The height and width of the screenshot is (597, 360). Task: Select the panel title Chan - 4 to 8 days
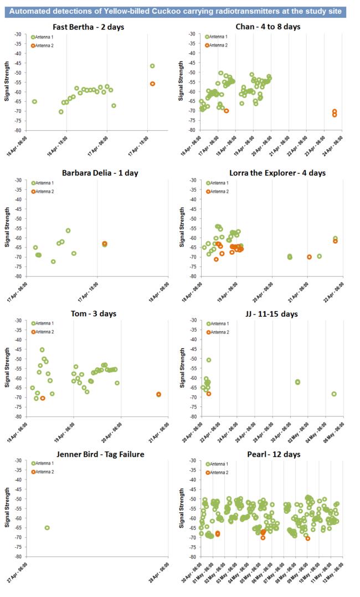[267, 27]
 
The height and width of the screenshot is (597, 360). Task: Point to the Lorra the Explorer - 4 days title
[267, 173]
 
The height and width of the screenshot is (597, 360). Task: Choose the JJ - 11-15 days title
[267, 313]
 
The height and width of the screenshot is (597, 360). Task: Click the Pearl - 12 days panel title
[267, 454]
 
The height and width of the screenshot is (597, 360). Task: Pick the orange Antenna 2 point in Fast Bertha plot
[152, 84]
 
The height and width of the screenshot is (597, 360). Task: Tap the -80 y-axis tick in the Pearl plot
[194, 557]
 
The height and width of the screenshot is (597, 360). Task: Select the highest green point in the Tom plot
[42, 349]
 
